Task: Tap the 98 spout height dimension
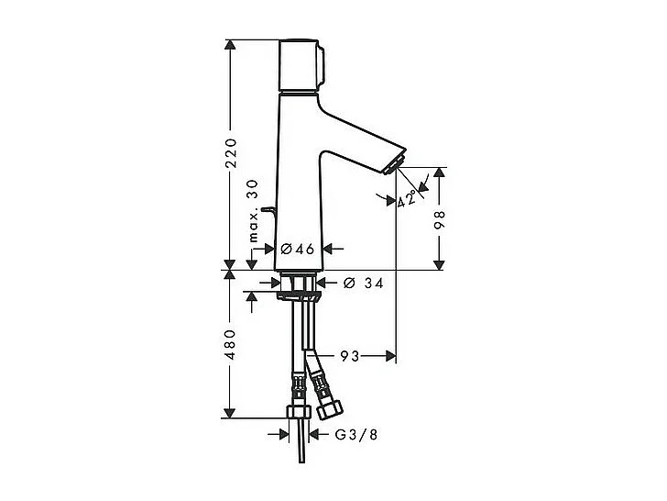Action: pyautogui.click(x=440, y=219)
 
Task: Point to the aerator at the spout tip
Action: pyautogui.click(x=396, y=165)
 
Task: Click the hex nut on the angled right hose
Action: pyautogui.click(x=325, y=400)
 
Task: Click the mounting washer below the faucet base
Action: pyautogui.click(x=299, y=295)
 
